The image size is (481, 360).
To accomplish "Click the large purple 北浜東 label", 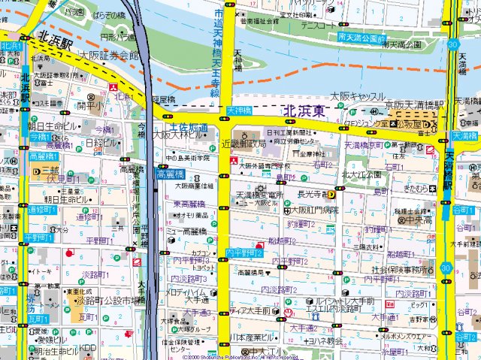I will pos(305,111).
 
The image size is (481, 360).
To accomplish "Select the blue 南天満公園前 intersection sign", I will pos(362,37).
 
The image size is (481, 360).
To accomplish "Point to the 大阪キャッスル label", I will pos(358,97).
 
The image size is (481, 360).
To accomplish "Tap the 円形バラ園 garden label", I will pos(118,35).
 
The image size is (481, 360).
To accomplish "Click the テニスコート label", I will pos(318,26).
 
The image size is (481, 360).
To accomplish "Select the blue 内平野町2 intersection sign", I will pos(244,253).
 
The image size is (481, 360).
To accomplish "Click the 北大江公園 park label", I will pos(362,174).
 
